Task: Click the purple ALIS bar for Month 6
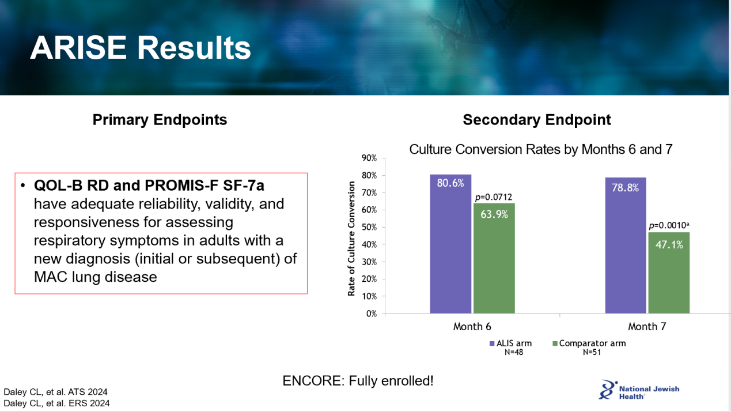450,244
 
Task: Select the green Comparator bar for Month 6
494,258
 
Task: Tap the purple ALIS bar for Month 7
626,245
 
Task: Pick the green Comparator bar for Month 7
669,273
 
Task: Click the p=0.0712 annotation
494,197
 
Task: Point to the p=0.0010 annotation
669,225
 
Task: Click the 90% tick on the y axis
369,158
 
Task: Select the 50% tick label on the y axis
369,227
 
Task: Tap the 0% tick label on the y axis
372,313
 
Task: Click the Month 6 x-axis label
472,327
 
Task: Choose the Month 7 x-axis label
647,327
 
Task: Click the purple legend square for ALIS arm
492,343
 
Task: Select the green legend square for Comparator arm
555,343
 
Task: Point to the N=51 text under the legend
592,352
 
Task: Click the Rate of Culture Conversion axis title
351,239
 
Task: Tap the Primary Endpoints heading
160,120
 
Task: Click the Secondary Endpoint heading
537,120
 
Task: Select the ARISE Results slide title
141,48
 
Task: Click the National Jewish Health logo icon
608,390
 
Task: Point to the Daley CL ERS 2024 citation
57,403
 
